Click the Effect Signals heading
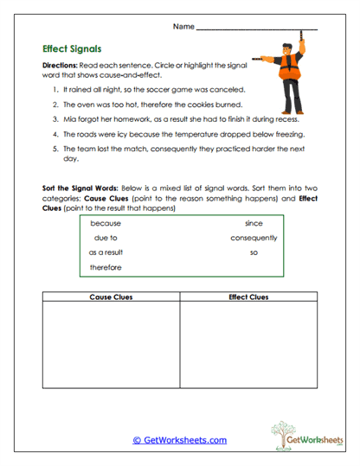click(x=74, y=49)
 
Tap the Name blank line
click(x=257, y=29)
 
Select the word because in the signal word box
click(x=106, y=222)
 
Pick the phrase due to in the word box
click(x=106, y=237)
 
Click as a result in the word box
click(x=106, y=252)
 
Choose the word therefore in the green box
click(x=106, y=267)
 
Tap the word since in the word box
click(x=254, y=222)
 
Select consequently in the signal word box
click(x=254, y=237)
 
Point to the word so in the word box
click(x=254, y=252)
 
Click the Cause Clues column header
click(x=110, y=297)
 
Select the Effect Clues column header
click(x=248, y=297)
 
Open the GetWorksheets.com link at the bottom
click(x=179, y=440)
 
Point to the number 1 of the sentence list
click(x=55, y=89)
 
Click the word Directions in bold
click(x=60, y=66)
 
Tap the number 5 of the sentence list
click(x=55, y=149)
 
